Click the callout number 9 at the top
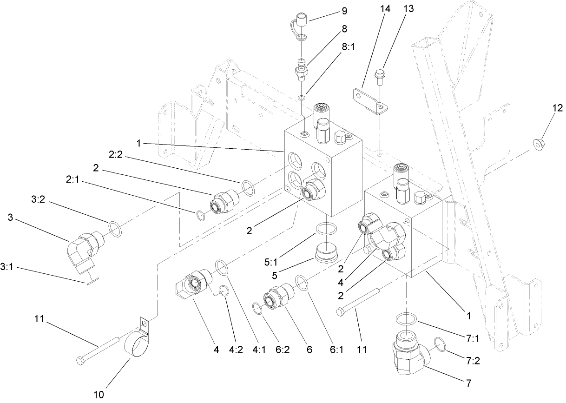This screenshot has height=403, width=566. coord(344,10)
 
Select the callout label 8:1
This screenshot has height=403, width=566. coord(348,47)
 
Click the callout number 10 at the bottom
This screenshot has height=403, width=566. coord(99,395)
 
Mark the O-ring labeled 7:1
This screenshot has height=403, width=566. coord(407,320)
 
